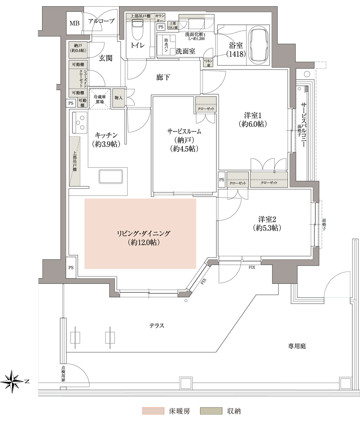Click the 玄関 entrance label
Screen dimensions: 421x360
[105, 59]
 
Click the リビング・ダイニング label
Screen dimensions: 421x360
[140, 234]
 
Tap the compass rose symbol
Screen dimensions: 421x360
[13, 381]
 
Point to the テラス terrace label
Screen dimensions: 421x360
[156, 325]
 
